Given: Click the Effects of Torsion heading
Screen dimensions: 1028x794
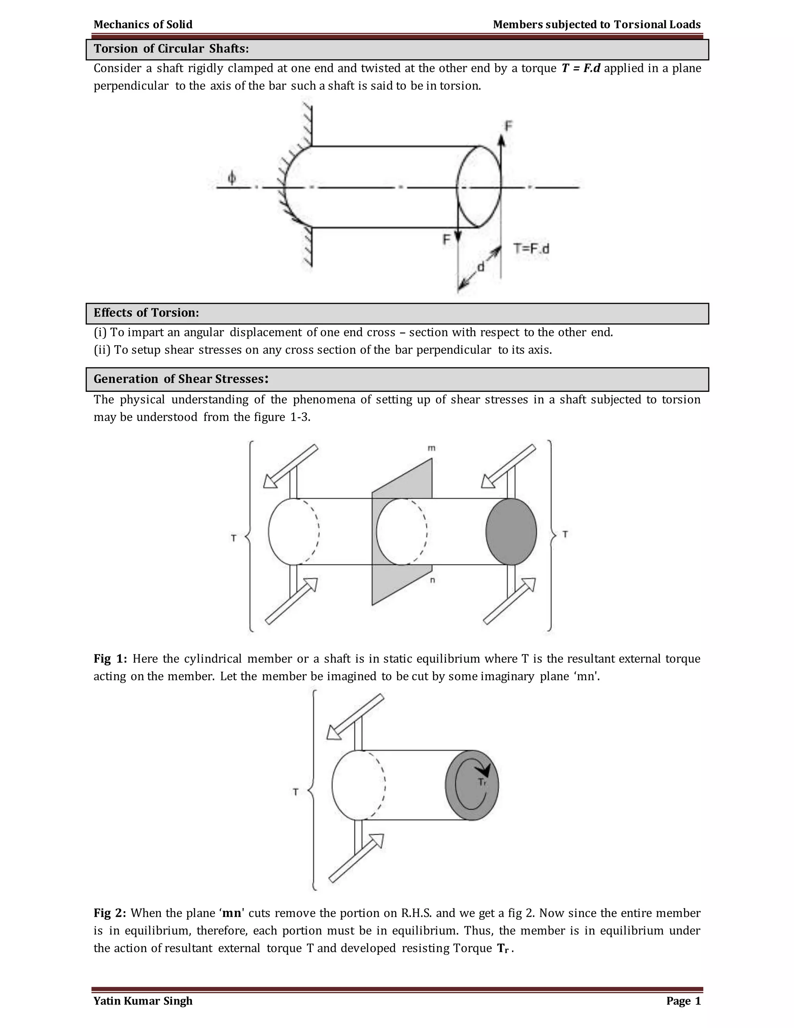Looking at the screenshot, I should pyautogui.click(x=146, y=313).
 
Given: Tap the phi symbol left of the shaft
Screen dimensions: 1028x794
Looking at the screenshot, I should pyautogui.click(x=232, y=178).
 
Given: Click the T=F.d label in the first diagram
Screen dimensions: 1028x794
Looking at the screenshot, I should pyautogui.click(x=531, y=249).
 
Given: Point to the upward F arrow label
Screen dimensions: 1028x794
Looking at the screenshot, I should pyautogui.click(x=509, y=126).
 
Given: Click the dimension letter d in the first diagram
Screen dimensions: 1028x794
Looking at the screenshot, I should pyautogui.click(x=481, y=267).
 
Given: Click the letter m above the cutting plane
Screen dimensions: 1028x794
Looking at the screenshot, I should pyautogui.click(x=432, y=448).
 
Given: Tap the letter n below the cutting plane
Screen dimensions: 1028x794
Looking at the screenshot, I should pyautogui.click(x=432, y=580).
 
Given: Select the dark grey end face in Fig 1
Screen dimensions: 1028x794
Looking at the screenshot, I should pyautogui.click(x=511, y=531).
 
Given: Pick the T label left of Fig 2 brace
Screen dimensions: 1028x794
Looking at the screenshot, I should pyautogui.click(x=295, y=792).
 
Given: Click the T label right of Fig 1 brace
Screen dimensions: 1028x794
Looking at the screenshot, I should pyautogui.click(x=565, y=534).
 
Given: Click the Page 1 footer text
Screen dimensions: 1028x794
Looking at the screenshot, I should pyautogui.click(x=683, y=1001).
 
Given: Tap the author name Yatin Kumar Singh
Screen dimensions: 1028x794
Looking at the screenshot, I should pyautogui.click(x=143, y=1001).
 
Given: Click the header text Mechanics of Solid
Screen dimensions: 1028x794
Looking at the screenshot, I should pyautogui.click(x=143, y=24).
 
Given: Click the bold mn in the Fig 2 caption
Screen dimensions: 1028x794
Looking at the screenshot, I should pyautogui.click(x=232, y=914).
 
